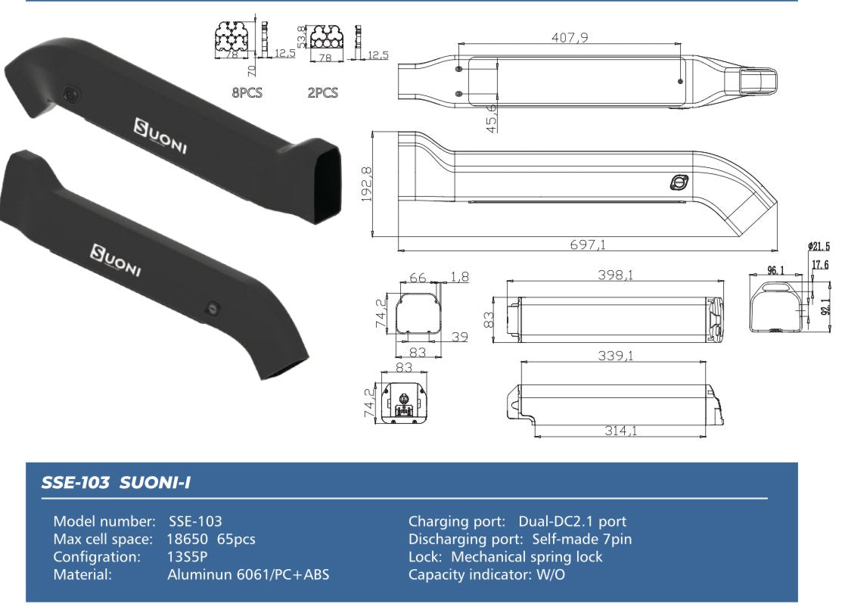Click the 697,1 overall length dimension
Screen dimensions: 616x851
pos(589,244)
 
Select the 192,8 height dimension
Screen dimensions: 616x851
pos(368,184)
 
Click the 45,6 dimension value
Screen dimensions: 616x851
pos(492,118)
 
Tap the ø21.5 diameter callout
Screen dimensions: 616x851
pos(818,247)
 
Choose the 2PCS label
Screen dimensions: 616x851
pos(322,93)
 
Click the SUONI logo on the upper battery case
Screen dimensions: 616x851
pos(160,134)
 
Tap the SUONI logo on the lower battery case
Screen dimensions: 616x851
pos(116,260)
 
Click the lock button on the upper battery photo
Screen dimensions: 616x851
pos(70,94)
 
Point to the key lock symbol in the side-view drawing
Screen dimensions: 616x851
pos(679,183)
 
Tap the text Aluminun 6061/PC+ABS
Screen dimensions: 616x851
pos(248,574)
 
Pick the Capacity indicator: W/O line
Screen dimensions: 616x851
pos(486,574)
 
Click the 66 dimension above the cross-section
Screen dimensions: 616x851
pos(417,278)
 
